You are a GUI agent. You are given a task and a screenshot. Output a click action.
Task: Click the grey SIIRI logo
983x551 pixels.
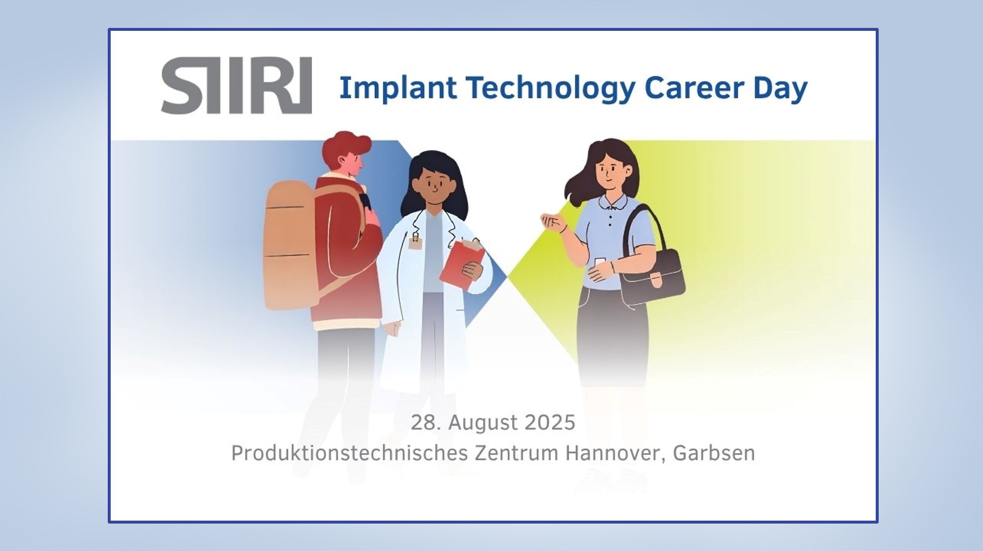(237, 85)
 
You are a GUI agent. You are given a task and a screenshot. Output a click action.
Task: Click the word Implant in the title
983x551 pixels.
(398, 89)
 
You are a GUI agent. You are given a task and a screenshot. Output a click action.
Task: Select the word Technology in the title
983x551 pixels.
(551, 89)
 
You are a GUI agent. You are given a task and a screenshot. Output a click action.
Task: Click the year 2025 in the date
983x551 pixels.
(550, 422)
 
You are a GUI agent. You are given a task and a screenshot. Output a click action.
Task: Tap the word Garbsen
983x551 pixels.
(714, 453)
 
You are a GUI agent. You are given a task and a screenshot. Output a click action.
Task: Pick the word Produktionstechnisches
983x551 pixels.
(349, 453)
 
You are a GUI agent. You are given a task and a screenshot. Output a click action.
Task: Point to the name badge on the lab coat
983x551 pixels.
(415, 242)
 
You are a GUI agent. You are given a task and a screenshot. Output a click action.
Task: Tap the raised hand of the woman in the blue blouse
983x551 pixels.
(552, 223)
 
